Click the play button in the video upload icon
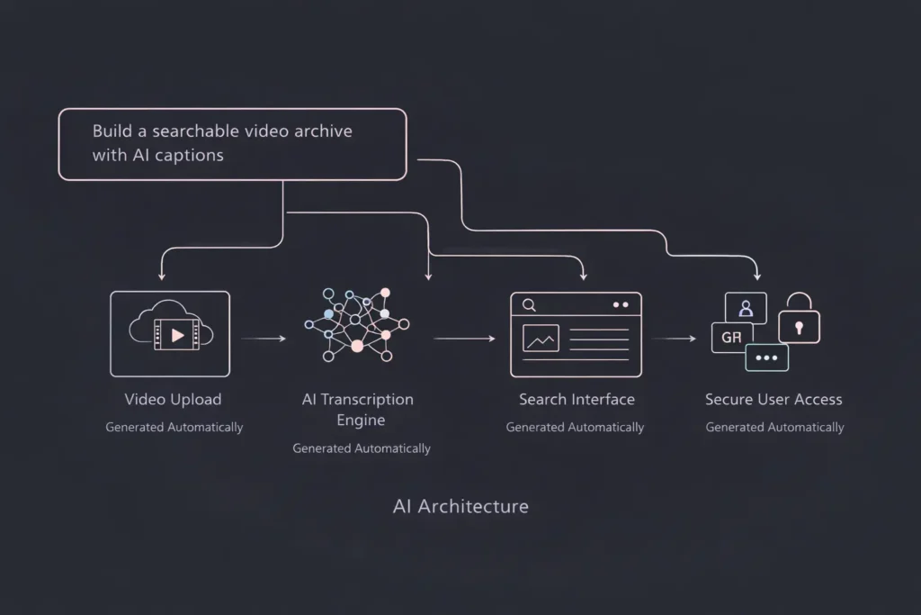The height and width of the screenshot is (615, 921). pos(177,335)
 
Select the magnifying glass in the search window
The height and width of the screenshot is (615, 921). pos(529,305)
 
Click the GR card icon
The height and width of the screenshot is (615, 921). pos(730,339)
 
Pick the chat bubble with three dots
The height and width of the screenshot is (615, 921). pos(767,357)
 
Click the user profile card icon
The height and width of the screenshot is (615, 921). pos(746,308)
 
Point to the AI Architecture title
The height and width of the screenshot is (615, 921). pos(460,506)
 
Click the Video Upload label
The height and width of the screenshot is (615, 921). pos(173,399)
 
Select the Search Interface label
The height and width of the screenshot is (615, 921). pos(577,399)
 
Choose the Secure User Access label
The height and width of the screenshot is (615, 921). pos(773,399)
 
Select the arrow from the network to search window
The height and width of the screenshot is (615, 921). pos(464,339)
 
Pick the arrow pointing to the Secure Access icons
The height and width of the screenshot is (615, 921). pos(675,339)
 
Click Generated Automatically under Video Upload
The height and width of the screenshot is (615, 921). pos(174,427)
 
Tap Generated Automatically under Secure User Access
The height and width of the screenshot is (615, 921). pos(774,427)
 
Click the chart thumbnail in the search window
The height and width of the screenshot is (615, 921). pos(541,339)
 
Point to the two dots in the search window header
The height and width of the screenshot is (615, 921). pos(621,305)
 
